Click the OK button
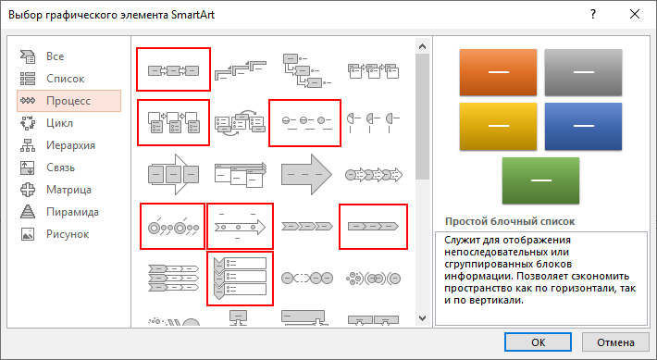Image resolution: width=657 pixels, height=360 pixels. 538,342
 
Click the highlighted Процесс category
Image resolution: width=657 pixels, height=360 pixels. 68,101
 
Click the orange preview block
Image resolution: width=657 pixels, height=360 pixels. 498,72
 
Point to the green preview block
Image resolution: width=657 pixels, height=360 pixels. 540,180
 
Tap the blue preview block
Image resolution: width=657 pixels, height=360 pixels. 583,126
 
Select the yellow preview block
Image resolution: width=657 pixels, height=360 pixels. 498,126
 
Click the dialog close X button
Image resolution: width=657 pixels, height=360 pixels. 635,14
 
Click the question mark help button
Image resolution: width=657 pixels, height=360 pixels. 593,14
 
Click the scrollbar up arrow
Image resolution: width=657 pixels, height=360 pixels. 422,46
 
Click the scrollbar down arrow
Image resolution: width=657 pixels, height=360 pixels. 422,318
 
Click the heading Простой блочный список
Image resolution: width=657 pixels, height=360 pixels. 510,221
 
